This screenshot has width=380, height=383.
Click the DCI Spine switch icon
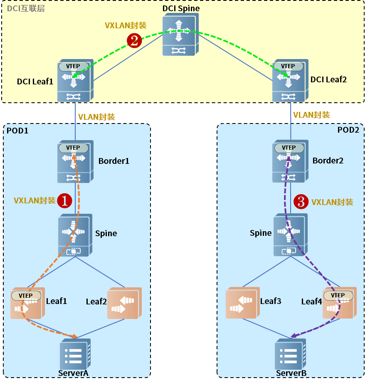[180, 35]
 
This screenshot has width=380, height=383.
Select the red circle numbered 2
[134, 40]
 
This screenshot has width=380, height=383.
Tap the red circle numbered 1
[64, 200]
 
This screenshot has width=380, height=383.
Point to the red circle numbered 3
[301, 202]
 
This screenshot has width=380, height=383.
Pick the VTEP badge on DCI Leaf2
[288, 66]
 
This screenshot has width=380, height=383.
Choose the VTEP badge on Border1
[73, 148]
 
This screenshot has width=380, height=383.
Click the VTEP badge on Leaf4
[338, 295]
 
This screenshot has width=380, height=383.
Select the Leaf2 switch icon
[124, 304]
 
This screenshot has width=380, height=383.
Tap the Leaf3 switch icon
[242, 303]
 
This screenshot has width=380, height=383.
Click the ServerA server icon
[75, 354]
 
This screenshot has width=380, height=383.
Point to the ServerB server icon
[290, 354]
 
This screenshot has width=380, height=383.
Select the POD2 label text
[348, 129]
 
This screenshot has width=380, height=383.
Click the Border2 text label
[328, 161]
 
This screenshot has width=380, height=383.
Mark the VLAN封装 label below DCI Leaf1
[96, 117]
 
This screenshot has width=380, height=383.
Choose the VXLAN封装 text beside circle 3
[332, 202]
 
